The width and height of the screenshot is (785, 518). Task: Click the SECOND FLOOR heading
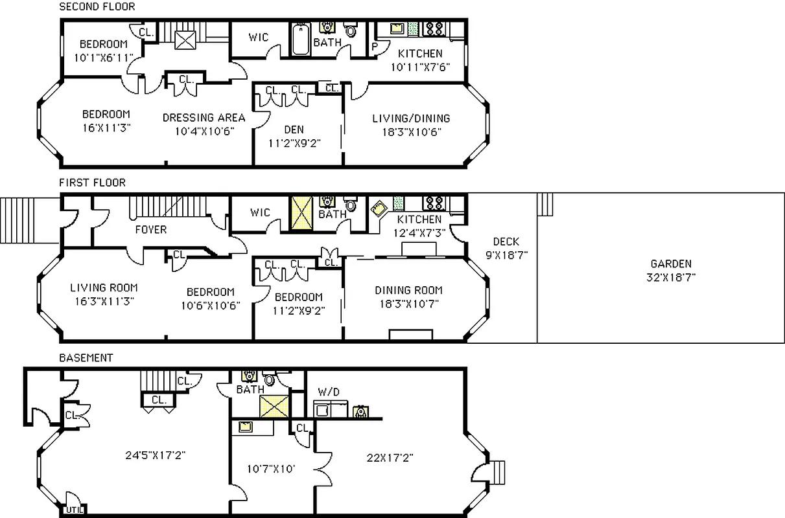pos(97,7)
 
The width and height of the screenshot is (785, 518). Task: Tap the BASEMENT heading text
pos(86,357)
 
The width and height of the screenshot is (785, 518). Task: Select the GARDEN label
pos(671,264)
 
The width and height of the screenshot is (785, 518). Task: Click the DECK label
pos(506,242)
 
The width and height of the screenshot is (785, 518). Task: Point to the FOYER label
pos(150,229)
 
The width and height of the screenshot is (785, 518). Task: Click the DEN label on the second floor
pos(294,129)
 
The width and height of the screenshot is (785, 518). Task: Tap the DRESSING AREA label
pos(204,117)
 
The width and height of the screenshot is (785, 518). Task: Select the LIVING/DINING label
pos(411,118)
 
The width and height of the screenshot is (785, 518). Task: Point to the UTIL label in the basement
pos(73,510)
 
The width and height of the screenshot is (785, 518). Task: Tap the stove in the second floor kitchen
pos(433,28)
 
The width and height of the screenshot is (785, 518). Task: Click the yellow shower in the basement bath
pos(273,407)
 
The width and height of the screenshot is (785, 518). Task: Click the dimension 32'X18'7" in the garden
pos(671,276)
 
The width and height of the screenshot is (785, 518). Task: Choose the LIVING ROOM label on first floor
pos(104,287)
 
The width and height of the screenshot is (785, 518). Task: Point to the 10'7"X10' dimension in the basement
pos(271,467)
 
